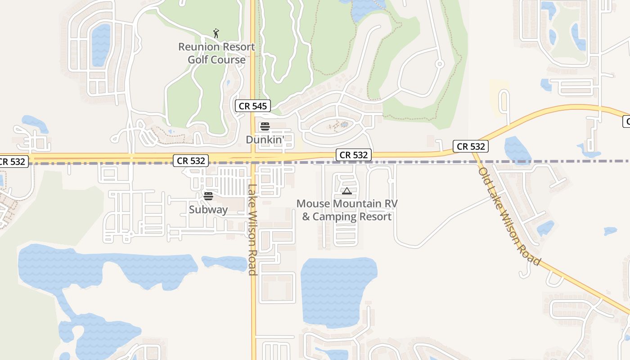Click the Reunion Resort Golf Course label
tap(216, 53)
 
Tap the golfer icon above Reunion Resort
tap(216, 33)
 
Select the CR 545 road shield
tap(253, 106)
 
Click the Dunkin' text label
tap(265, 139)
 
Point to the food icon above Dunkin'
tap(265, 126)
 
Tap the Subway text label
tap(208, 209)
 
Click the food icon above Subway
tap(208, 196)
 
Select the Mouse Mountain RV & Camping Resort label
tap(347, 210)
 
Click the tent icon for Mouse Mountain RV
tap(347, 191)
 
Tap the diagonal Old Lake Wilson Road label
tap(508, 216)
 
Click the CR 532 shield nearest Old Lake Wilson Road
tap(471, 146)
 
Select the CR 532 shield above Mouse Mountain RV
tap(354, 155)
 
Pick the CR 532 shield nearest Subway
tap(191, 161)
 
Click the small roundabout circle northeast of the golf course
tap(440, 64)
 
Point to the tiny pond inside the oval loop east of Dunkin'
tap(344, 124)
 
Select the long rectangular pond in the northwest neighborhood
tap(101, 45)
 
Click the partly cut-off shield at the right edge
tap(626, 121)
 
